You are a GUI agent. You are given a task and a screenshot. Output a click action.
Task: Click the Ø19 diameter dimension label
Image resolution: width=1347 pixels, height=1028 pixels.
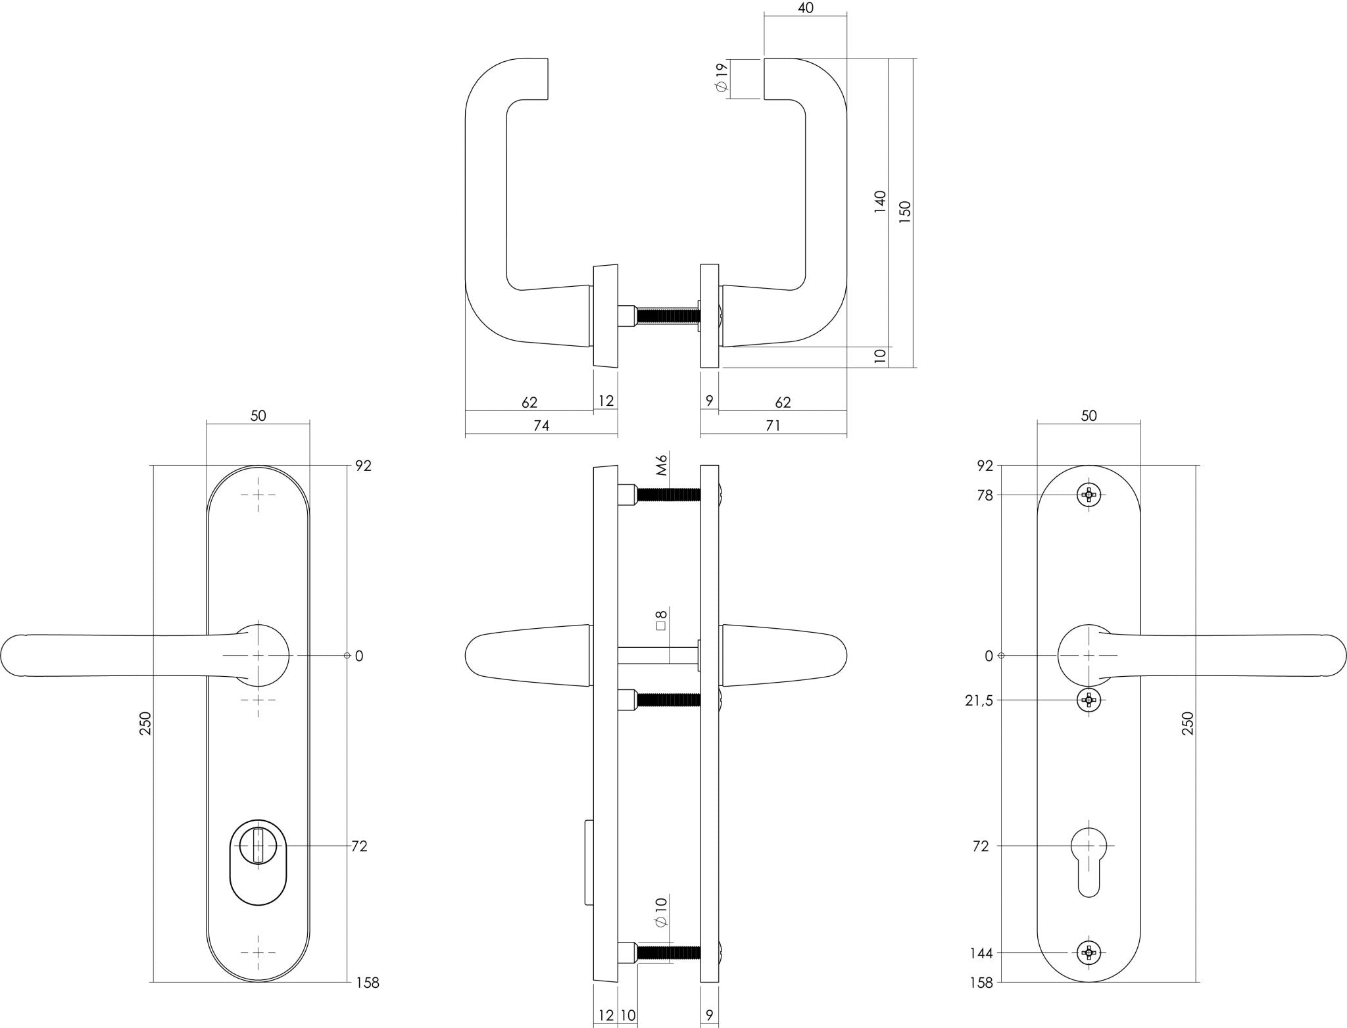click(x=723, y=78)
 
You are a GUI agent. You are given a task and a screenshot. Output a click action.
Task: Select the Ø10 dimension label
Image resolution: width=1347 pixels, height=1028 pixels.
click(x=662, y=912)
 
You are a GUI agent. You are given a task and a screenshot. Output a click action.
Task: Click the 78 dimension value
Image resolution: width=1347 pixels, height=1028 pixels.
click(x=985, y=495)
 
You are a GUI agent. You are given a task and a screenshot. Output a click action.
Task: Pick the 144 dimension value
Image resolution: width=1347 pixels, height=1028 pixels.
click(x=981, y=953)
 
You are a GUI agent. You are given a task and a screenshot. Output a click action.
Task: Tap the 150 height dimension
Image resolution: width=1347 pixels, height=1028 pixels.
click(x=905, y=213)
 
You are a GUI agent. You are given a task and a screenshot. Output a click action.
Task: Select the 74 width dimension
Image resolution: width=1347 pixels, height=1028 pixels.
click(x=541, y=426)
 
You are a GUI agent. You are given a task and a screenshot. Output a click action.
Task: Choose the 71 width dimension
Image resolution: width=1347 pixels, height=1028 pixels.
click(x=773, y=426)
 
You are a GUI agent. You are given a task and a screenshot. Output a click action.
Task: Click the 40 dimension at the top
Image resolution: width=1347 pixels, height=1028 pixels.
click(x=805, y=9)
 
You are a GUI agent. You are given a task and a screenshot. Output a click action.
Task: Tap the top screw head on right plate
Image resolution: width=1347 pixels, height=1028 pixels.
click(x=1089, y=495)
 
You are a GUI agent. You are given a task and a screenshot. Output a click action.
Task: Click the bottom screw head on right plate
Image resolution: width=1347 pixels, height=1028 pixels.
click(x=1089, y=952)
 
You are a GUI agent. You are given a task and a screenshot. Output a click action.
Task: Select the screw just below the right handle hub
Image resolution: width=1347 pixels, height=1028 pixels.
click(x=1089, y=700)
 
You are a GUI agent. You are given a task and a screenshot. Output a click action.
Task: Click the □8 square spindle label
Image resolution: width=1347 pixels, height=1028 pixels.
click(x=662, y=620)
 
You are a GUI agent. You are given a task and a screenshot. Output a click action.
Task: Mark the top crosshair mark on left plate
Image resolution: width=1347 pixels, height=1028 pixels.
click(x=258, y=495)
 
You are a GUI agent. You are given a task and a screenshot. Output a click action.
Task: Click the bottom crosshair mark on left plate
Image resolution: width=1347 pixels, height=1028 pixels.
click(x=258, y=952)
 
